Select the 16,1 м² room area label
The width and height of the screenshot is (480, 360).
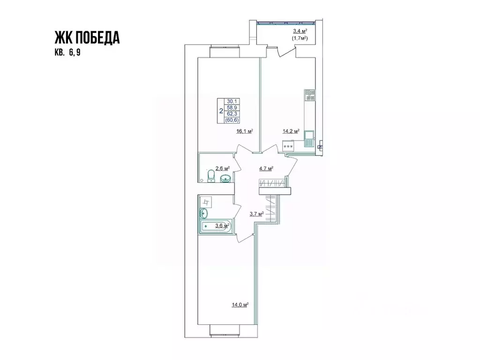[x=245, y=132]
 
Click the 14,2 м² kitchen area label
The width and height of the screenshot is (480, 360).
[x=291, y=132]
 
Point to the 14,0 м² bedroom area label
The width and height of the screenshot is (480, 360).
[x=240, y=305]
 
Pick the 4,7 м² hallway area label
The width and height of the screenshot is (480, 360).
[x=266, y=168]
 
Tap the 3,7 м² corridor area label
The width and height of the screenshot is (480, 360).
[x=256, y=213]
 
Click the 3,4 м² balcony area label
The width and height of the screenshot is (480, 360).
[x=296, y=32]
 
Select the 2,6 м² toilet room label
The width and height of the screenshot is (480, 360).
[x=222, y=167]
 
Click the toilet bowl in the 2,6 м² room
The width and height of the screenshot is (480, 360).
[x=210, y=176]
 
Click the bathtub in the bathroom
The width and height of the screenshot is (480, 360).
[x=215, y=227]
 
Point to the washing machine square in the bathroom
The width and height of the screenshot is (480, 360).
[x=206, y=202]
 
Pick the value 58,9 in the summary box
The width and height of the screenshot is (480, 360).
[x=231, y=107]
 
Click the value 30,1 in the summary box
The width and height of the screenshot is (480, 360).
[x=231, y=101]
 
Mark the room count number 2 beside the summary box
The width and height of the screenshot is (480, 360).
[x=221, y=111]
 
